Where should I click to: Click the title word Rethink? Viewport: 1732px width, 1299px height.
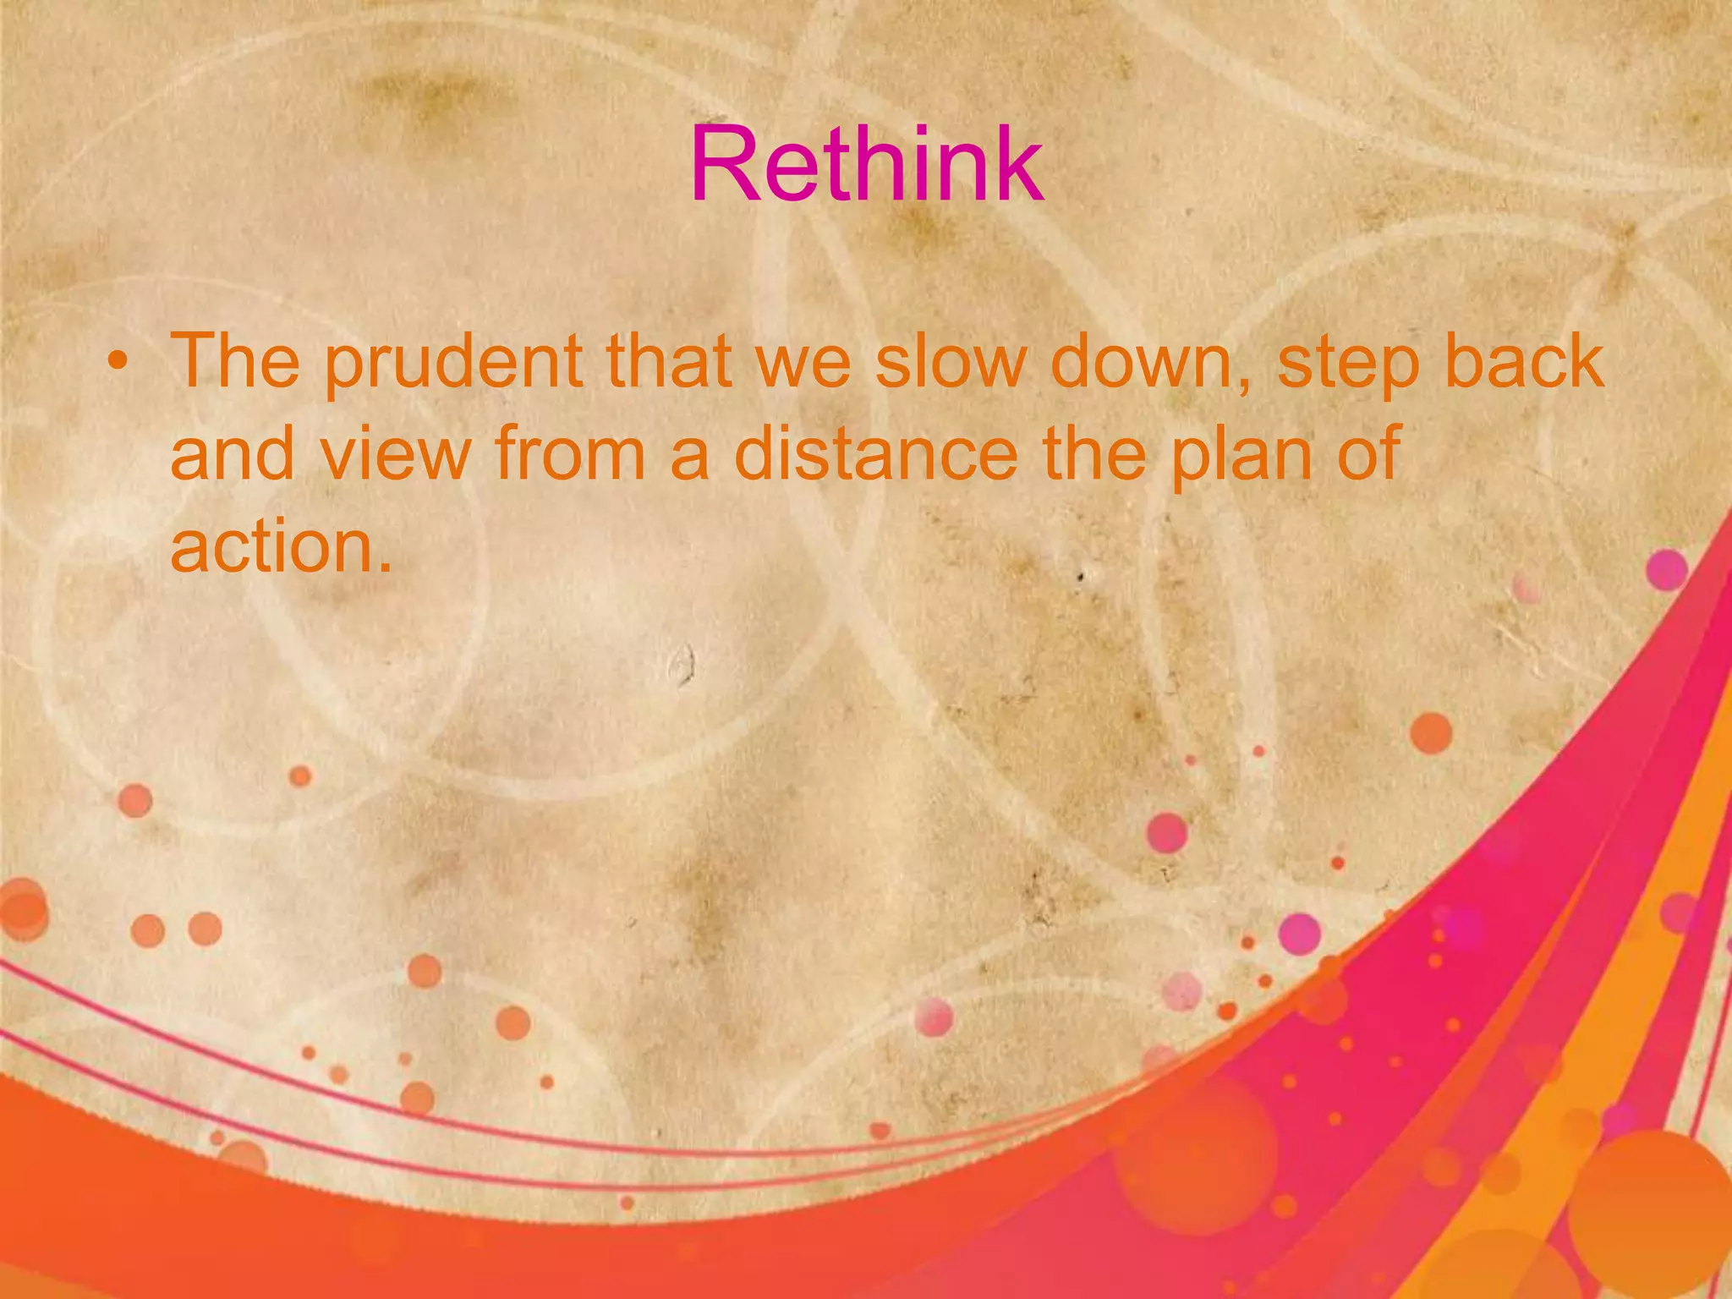click(866, 165)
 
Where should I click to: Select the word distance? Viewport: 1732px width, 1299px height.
click(875, 455)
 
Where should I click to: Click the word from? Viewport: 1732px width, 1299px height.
click(570, 455)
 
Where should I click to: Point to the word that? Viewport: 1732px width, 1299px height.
click(668, 363)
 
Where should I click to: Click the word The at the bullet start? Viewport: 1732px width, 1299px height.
click(235, 363)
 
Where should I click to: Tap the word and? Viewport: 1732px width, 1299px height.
click(233, 455)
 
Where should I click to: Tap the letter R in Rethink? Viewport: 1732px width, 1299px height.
click(724, 165)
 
